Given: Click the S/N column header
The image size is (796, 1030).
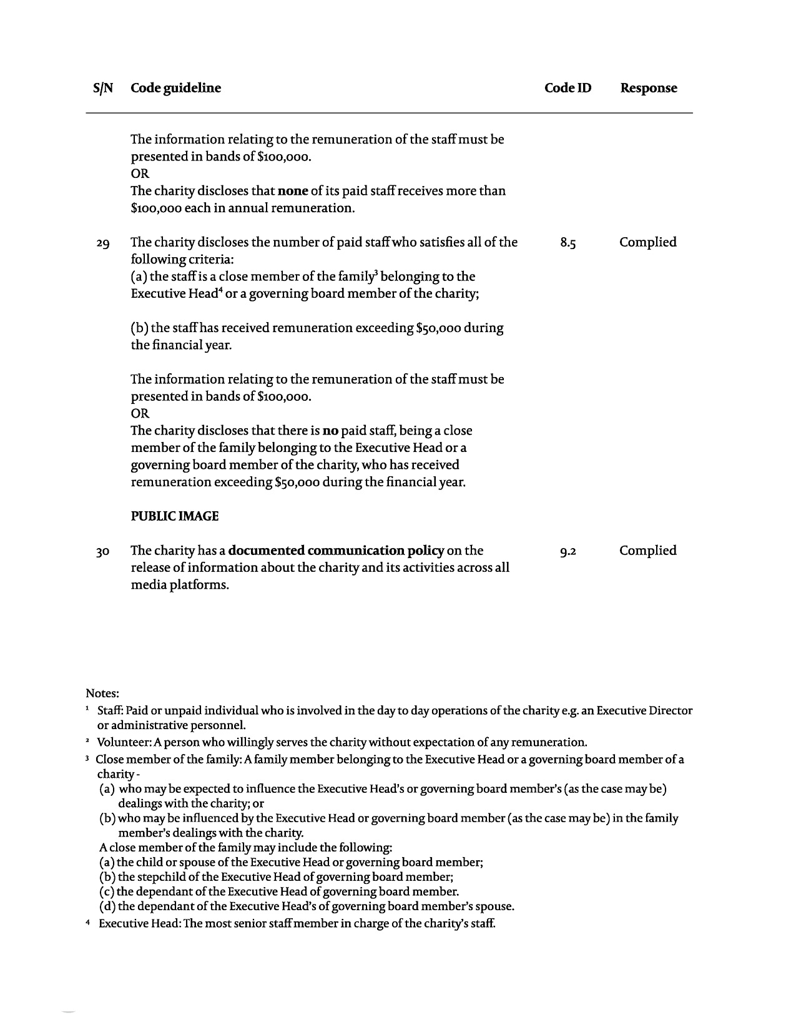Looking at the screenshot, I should pos(104,88).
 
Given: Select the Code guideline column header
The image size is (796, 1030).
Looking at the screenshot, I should pos(175,88).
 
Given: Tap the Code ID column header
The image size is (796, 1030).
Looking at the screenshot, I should pos(568,88).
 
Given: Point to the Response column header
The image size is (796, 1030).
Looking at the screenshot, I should pos(648,88).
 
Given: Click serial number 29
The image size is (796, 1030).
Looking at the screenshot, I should pos(104,243).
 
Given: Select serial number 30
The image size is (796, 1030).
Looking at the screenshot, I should pos(104,552).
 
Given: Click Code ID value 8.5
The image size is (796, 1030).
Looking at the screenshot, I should pos(568,243).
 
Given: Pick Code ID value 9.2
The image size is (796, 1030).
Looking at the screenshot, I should pos(568,551).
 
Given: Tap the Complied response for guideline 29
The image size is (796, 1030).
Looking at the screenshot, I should pos(647,242).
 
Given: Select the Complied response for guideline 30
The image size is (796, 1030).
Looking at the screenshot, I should pos(647,551).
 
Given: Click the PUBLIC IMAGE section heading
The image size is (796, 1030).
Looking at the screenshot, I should pos(175,516).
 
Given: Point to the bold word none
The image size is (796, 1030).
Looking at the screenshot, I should pos(293,191).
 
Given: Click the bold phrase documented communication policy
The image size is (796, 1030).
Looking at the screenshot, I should pos(336,551).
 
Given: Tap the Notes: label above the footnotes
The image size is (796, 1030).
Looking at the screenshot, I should pos(102,694).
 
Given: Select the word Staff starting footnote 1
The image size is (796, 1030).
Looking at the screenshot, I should pos(110,711).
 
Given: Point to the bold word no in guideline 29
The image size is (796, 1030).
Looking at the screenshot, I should pos(330,431).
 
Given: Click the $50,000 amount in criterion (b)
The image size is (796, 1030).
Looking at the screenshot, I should pos(438,328).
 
